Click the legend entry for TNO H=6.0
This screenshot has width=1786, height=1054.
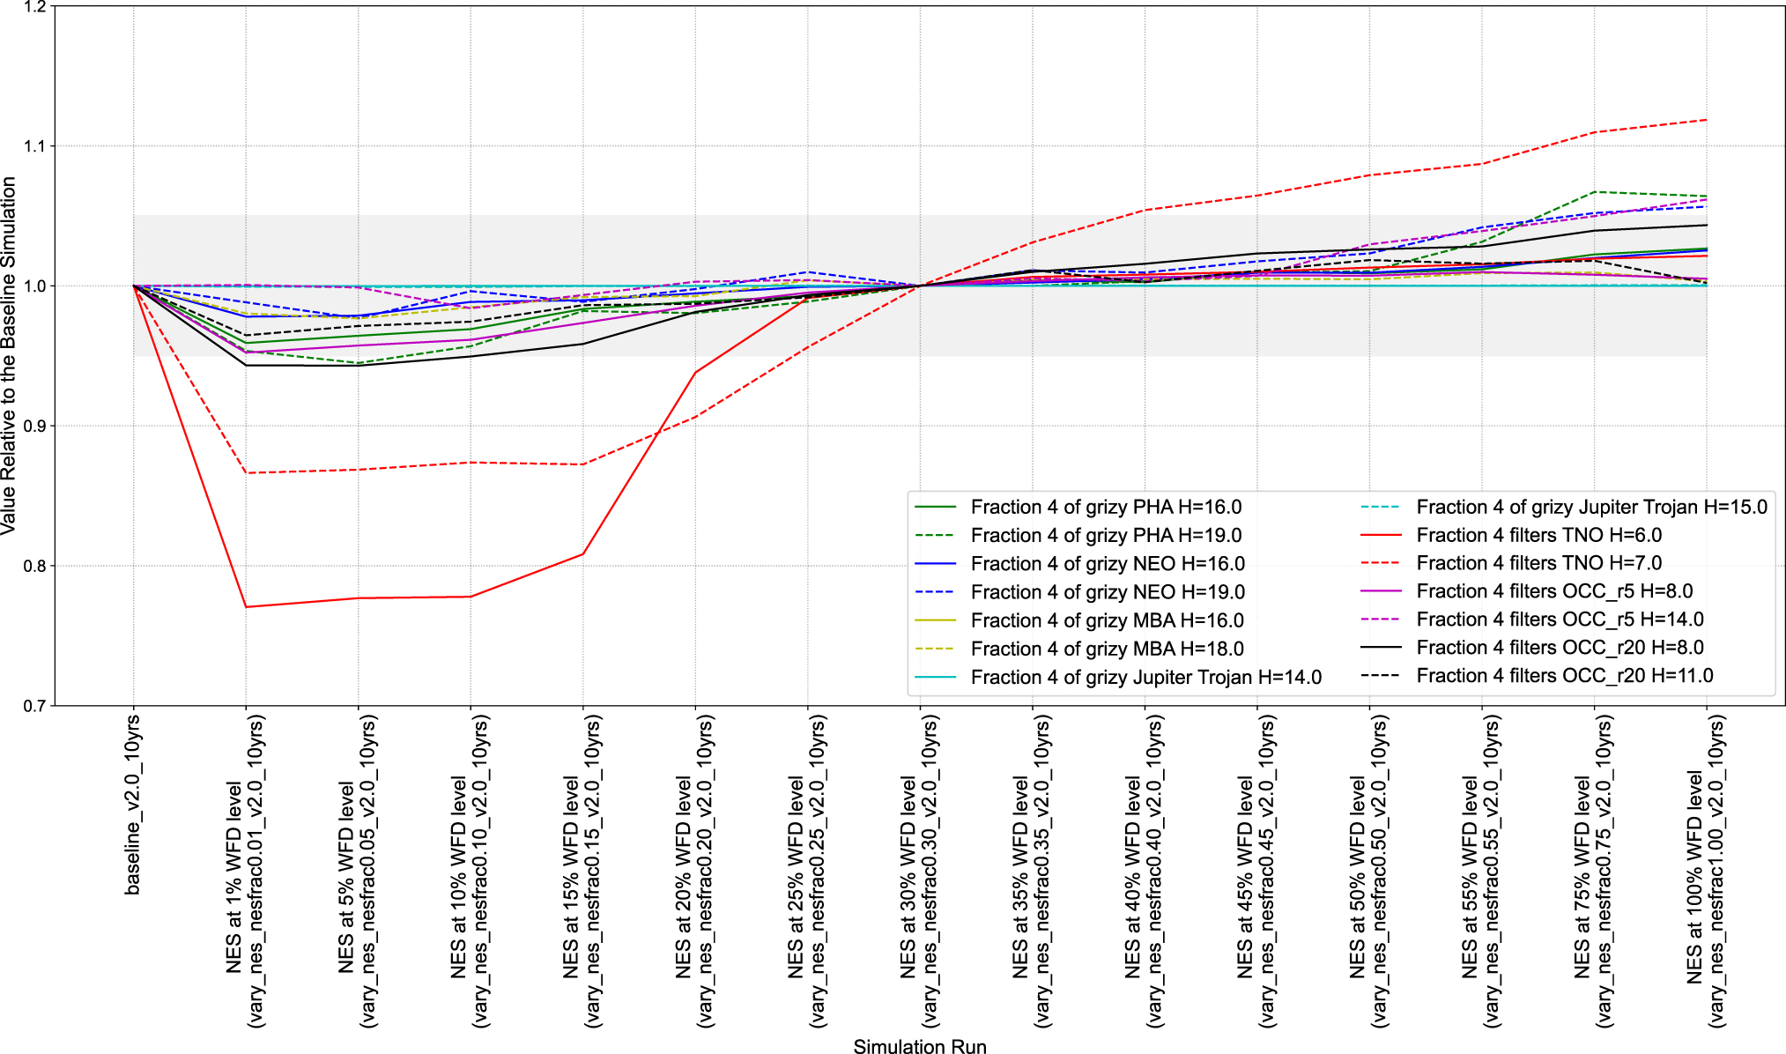[1538, 535]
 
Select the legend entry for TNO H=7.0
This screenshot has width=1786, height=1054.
[1538, 563]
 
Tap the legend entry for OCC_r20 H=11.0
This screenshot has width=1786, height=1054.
[1564, 676]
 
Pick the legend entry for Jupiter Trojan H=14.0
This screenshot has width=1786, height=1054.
[1145, 677]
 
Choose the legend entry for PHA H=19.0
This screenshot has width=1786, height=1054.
[1106, 535]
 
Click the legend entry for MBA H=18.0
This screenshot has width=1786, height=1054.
[1107, 649]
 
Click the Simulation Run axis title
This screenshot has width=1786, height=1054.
[919, 1046]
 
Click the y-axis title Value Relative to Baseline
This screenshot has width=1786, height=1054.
[9, 355]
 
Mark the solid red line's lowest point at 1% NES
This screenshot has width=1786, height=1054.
[246, 607]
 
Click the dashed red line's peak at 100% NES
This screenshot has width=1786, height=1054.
[1706, 120]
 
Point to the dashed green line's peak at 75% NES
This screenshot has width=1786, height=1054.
[1594, 192]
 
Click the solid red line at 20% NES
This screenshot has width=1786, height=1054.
[695, 373]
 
